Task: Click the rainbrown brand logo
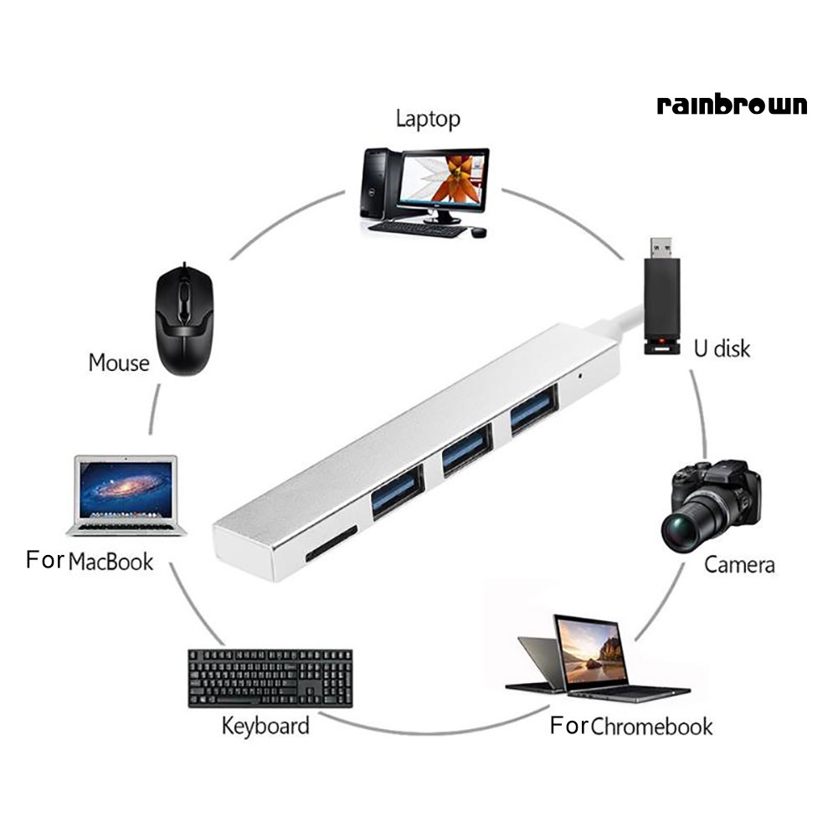[733, 105]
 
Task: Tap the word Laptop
[428, 119]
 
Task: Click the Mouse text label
[119, 363]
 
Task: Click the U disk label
[722, 347]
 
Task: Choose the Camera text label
[739, 564]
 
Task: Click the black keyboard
[270, 676]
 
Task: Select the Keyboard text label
[265, 725]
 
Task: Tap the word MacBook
[111, 562]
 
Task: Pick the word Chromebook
[651, 726]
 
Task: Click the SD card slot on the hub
[331, 544]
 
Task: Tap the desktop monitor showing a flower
[443, 180]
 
